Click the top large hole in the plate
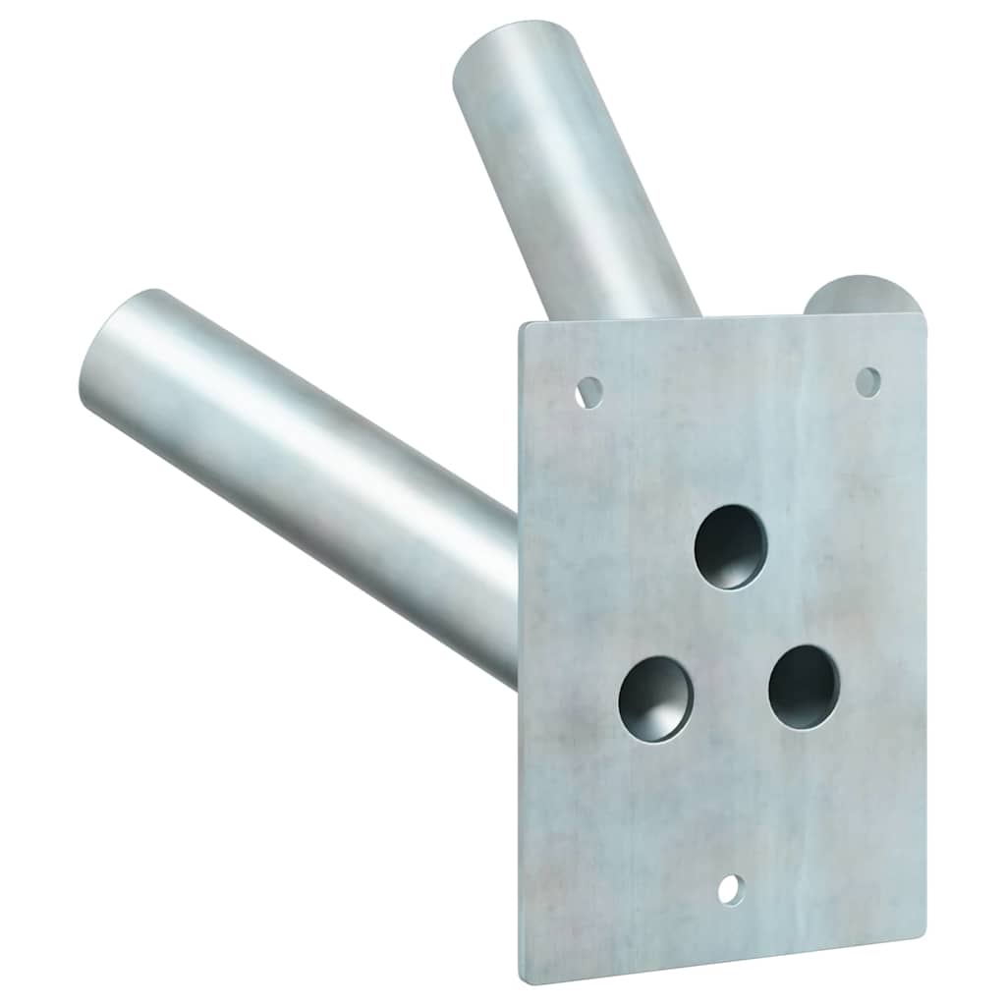pos(730,546)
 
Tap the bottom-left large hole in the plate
pos(655,699)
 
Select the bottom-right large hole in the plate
pos(804,687)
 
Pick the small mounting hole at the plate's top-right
pos(867,382)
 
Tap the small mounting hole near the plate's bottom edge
pos(730,890)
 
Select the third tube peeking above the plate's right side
pos(853,296)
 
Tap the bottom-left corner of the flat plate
pos(523,978)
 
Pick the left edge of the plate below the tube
pos(521,835)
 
